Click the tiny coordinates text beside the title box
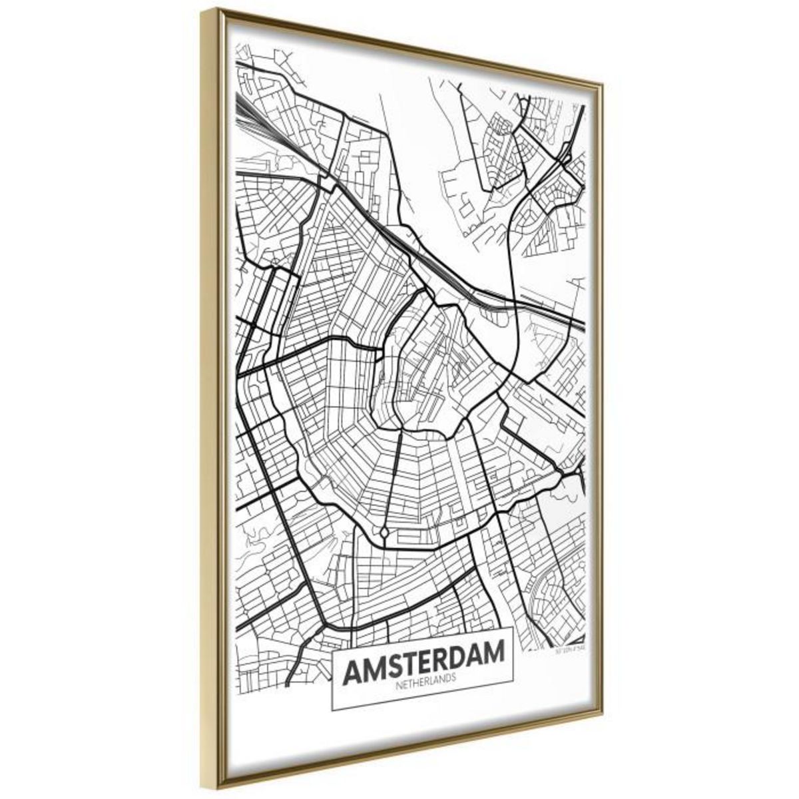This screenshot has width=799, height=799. [571, 646]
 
